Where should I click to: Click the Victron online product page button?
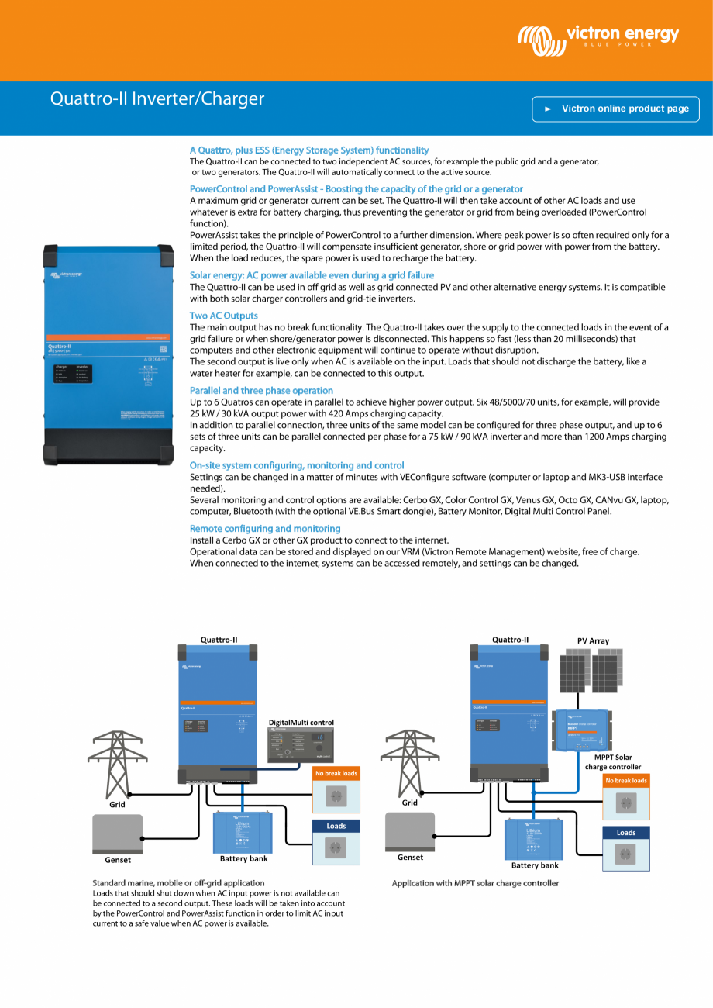tap(615, 109)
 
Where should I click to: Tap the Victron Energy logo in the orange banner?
tap(598, 36)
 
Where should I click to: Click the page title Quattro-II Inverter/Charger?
tap(157, 99)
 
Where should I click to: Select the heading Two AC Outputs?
tap(224, 316)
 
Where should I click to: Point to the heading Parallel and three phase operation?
tap(261, 390)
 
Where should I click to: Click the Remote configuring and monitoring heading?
tap(265, 528)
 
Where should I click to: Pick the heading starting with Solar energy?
tap(312, 275)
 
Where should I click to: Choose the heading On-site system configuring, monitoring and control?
tap(297, 465)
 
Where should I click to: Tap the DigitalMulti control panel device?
tap(301, 745)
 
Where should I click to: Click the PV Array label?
tap(593, 640)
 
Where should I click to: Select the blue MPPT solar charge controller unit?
tap(582, 730)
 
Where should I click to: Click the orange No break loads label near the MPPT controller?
tap(625, 781)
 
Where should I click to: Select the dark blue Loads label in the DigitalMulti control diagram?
tap(336, 826)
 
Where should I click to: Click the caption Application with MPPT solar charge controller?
tap(475, 883)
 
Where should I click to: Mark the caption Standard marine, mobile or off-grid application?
tap(178, 883)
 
